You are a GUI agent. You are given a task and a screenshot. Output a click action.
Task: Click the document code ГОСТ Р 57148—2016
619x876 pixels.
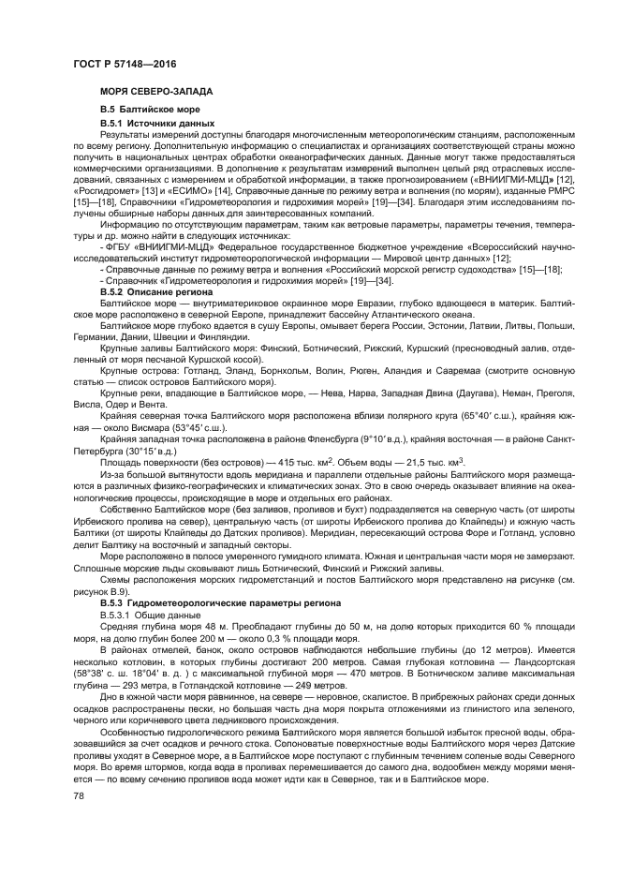coord(124,63)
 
